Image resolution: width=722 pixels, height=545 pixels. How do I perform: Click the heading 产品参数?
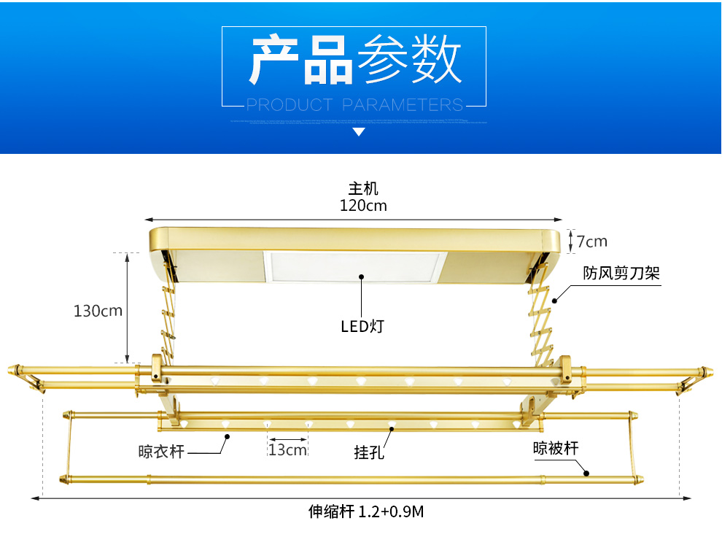click(355, 59)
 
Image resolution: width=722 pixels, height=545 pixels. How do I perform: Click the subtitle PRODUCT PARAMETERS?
click(354, 104)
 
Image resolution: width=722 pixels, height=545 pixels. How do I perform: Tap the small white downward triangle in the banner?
click(359, 132)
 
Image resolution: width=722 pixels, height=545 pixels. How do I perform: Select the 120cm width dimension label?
click(363, 205)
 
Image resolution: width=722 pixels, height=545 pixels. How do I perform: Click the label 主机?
click(363, 189)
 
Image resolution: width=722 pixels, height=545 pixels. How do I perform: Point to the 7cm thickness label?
click(591, 241)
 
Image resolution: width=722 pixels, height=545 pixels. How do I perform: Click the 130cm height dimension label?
click(98, 311)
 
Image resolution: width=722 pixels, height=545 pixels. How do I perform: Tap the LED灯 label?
click(362, 326)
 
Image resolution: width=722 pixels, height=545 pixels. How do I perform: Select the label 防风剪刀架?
click(621, 274)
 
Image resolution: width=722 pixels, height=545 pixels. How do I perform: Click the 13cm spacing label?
click(287, 449)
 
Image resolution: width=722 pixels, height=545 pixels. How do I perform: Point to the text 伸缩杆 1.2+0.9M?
click(365, 511)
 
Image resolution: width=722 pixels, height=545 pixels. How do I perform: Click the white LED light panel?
click(355, 268)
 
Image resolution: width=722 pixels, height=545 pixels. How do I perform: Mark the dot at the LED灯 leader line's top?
click(362, 277)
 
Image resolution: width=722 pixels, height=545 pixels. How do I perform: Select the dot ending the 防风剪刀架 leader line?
click(554, 299)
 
